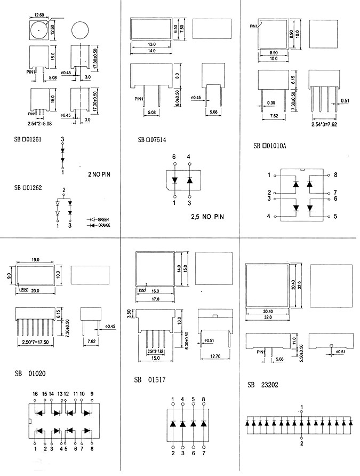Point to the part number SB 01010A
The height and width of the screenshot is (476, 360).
pos(270,145)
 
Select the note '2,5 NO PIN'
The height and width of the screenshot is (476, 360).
pos(207,217)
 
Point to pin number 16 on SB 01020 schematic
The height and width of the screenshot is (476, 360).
pos(35,394)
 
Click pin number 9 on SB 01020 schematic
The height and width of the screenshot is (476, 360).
pos(92,394)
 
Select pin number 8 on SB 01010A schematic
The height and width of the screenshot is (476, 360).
pos(336,174)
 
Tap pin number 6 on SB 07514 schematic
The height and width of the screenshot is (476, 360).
pos(173,156)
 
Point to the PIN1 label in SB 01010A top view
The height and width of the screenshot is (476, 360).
pos(253,25)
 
